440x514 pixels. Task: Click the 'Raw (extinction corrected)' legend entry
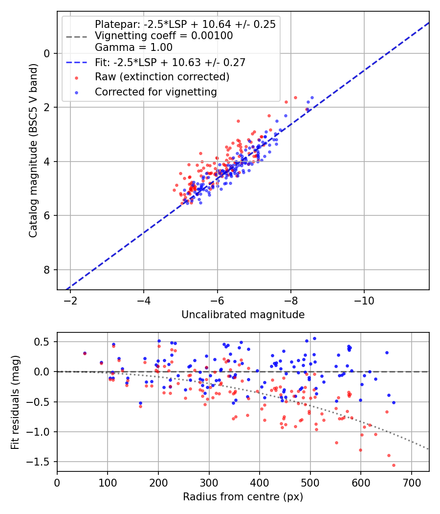tap(162, 77)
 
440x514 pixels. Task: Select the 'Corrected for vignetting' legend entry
tap(156, 92)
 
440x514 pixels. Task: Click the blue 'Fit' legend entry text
tap(170, 62)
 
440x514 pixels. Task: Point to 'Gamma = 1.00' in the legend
tap(133, 47)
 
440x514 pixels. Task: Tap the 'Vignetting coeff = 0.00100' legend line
tap(164, 36)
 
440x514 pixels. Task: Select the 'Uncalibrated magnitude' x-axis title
tap(243, 315)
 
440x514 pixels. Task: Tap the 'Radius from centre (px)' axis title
tap(243, 497)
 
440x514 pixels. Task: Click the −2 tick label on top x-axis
tap(70, 299)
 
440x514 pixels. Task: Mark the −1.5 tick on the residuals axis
tap(41, 462)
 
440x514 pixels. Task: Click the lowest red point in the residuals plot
tap(394, 465)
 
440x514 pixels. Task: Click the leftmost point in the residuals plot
tap(85, 353)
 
